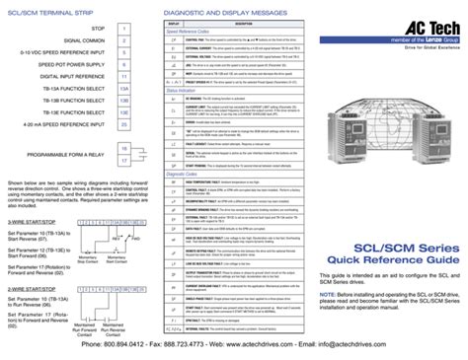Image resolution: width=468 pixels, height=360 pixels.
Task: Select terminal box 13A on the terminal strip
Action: [123, 87]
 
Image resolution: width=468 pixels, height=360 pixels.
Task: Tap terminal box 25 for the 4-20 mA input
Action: [123, 124]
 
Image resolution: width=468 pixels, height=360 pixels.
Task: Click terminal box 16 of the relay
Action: [123, 148]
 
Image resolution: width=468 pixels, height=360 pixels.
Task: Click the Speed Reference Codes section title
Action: [190, 30]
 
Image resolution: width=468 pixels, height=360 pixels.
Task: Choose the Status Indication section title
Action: [184, 89]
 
